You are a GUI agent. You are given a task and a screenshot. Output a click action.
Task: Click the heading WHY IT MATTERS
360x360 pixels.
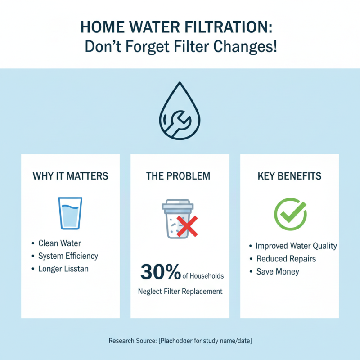pos(71,175)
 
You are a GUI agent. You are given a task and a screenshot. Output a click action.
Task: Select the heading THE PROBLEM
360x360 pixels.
pos(178,175)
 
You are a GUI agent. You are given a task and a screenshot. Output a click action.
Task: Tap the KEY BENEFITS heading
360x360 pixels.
pos(289,175)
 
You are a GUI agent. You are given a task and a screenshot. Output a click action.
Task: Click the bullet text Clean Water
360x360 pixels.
pos(59,243)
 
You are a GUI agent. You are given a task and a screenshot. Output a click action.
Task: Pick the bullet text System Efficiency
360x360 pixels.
pos(68,256)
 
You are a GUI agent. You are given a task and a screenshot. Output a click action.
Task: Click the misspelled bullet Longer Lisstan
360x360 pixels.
pos(63,269)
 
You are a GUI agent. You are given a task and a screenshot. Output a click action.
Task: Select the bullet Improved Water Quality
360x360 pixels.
pos(296,246)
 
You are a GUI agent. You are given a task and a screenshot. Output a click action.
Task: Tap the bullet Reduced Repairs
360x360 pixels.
pos(286,259)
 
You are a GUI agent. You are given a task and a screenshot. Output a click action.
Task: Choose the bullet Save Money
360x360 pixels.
pos(278,271)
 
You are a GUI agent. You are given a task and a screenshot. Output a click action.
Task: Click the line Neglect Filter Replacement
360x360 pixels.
pos(180,291)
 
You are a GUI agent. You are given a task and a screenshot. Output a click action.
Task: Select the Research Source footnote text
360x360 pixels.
pos(180,341)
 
